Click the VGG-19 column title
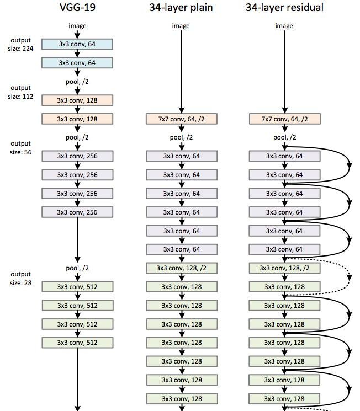click(77, 7)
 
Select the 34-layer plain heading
click(181, 7)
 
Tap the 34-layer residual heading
click(284, 7)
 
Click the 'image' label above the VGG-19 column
click(77, 26)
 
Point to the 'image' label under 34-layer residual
click(284, 26)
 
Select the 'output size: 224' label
click(20, 44)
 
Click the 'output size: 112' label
click(20, 92)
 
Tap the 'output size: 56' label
click(21, 148)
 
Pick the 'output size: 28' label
click(21, 279)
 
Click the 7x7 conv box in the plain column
click(182, 119)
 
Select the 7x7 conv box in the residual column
click(285, 119)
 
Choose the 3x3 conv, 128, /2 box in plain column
click(182, 268)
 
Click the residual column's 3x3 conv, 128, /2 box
click(285, 268)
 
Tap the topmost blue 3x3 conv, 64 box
click(77, 44)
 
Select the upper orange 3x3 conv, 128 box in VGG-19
click(77, 100)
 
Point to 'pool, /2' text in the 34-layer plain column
click(181, 137)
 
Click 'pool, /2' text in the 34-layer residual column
click(285, 137)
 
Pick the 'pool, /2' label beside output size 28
click(77, 268)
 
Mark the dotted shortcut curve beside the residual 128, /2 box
click(350, 277)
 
